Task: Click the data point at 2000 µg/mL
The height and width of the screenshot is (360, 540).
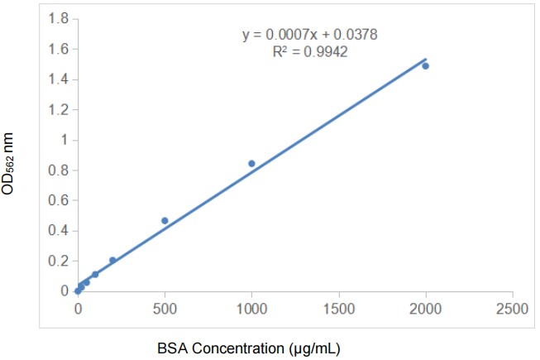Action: point(426,65)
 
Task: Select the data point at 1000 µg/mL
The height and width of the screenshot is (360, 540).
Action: point(251,164)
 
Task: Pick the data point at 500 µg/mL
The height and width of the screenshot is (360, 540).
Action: point(165,220)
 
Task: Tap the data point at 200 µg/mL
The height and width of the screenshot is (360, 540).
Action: point(112,260)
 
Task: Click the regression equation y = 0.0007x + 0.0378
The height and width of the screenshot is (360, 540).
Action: point(310,35)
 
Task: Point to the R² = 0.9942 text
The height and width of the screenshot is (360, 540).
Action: point(310,52)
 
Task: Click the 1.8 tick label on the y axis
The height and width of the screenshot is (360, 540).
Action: point(57,18)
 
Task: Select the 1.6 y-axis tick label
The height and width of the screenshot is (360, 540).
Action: point(57,49)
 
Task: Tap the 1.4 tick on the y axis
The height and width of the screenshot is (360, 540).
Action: point(57,79)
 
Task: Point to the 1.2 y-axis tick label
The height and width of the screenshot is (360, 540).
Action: point(57,109)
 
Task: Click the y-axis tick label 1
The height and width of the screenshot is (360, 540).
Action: point(62,140)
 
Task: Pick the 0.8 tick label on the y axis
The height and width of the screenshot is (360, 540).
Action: point(57,170)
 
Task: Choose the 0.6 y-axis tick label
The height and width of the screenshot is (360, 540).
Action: point(57,200)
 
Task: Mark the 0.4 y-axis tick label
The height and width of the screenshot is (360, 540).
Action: point(57,231)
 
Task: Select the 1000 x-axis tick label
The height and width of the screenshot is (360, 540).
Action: point(251,309)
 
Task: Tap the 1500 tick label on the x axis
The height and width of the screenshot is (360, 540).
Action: point(339,309)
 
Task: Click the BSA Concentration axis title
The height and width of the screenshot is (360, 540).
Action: point(248,348)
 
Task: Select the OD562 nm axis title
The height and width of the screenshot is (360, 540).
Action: point(9,166)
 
